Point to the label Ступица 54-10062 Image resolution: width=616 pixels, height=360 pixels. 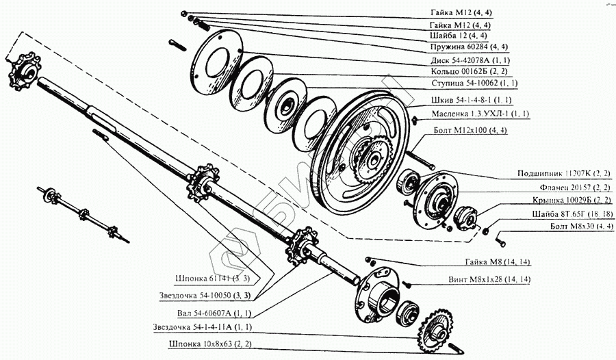point(474,83)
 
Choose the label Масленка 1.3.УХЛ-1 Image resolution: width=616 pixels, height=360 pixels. point(480,114)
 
